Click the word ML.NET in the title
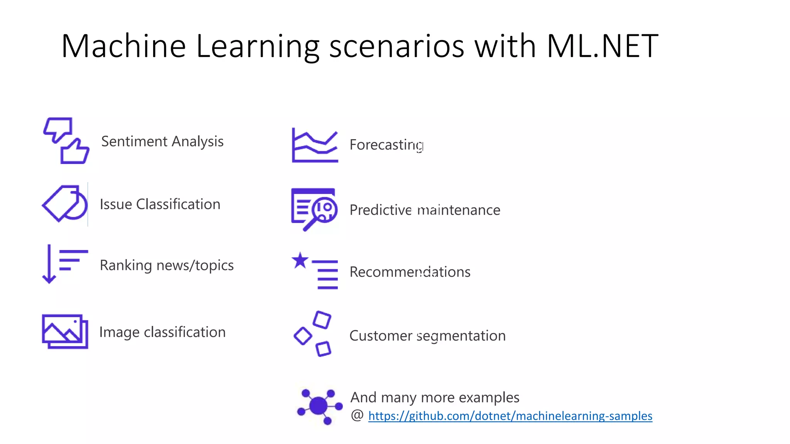(x=602, y=46)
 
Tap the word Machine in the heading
(x=123, y=46)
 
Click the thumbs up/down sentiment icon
(x=66, y=141)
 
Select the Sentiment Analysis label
(x=162, y=141)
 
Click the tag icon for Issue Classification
(x=64, y=203)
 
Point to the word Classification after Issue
(x=178, y=204)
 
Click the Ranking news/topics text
(x=166, y=266)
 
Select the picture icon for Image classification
(x=65, y=331)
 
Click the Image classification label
(x=162, y=332)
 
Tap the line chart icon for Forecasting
(x=315, y=145)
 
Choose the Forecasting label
(x=386, y=145)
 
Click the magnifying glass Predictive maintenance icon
(x=314, y=209)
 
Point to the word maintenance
(x=459, y=210)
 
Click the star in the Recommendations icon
(x=300, y=261)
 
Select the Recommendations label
(x=410, y=272)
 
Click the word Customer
(x=380, y=336)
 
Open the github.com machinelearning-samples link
(x=510, y=416)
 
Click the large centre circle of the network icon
(x=318, y=406)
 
